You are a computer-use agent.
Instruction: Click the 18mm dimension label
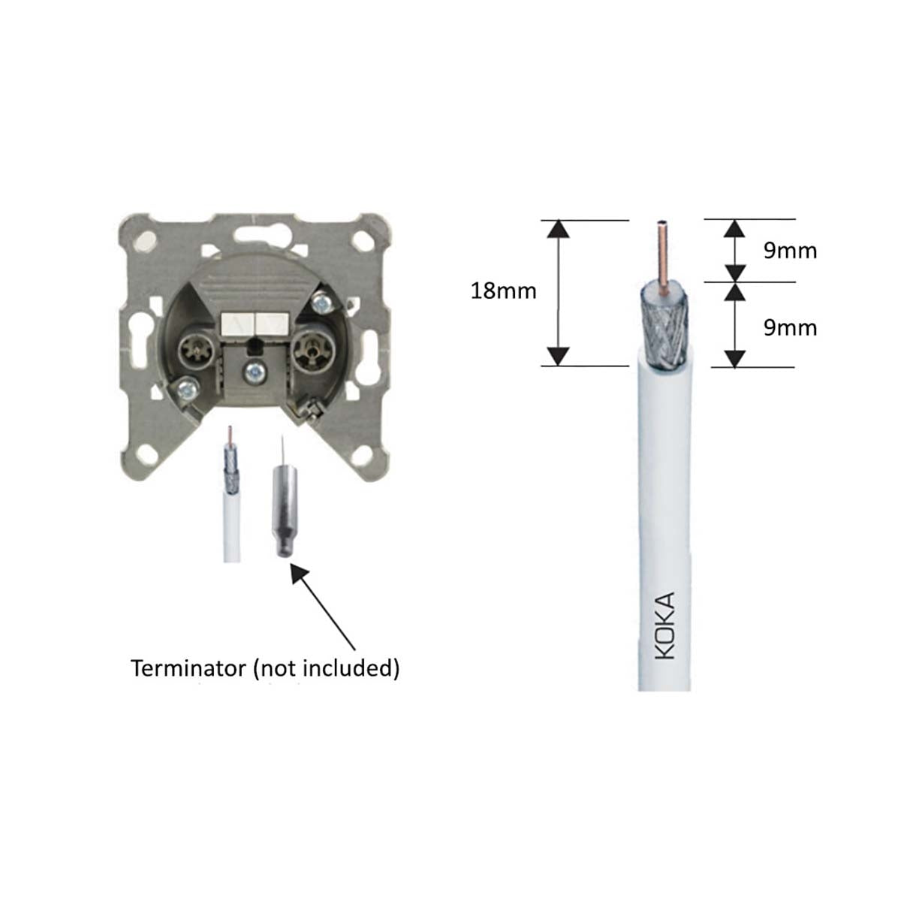point(503,291)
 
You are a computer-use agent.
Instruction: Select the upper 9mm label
point(790,252)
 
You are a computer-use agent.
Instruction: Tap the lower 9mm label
point(790,328)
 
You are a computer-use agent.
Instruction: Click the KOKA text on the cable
point(665,625)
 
